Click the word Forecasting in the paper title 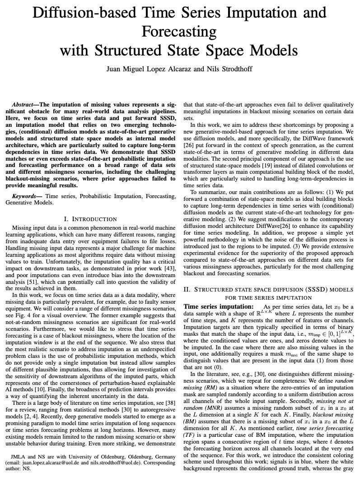pos(179,32)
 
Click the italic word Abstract pos(26,105)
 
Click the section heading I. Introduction pos(91,219)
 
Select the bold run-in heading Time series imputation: pos(218,306)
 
